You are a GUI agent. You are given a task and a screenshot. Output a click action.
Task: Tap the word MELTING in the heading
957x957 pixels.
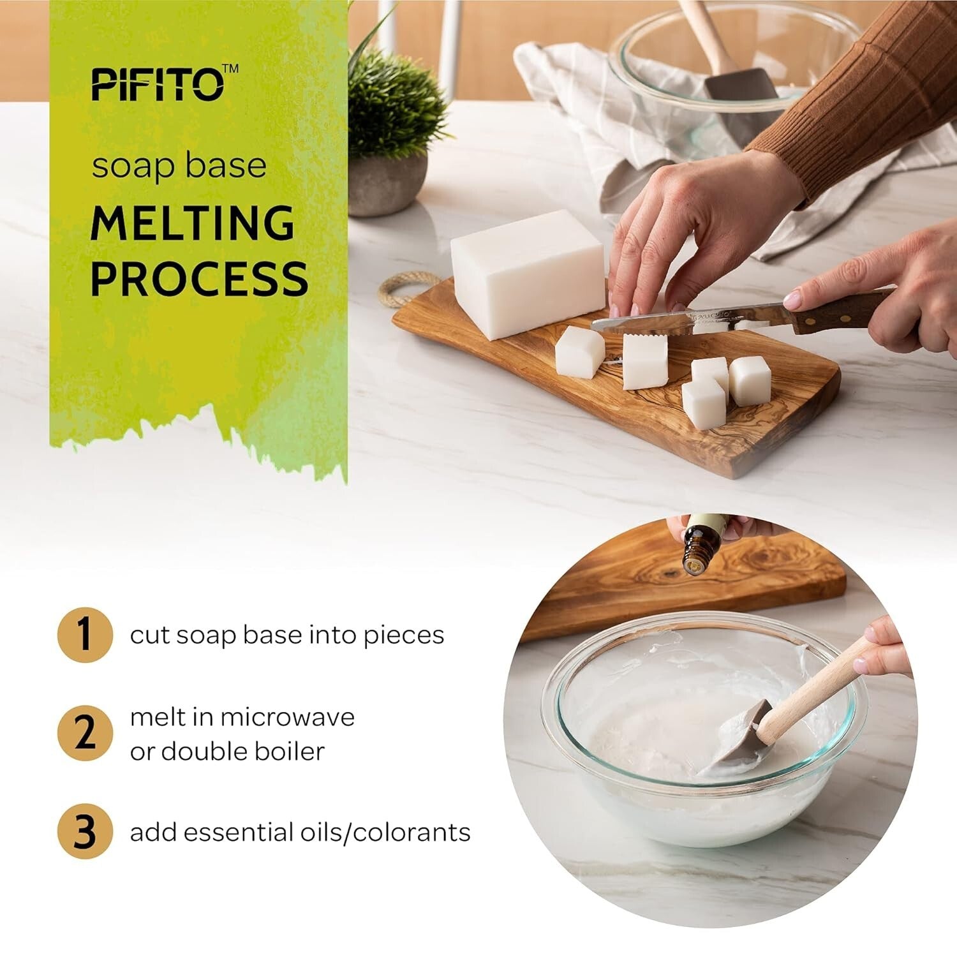(x=193, y=223)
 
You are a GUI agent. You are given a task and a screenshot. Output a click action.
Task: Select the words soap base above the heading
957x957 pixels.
(x=179, y=166)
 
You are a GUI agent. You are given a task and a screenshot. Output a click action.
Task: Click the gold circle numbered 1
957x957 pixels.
(x=85, y=635)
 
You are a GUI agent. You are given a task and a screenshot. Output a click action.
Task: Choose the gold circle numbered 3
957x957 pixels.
(x=85, y=832)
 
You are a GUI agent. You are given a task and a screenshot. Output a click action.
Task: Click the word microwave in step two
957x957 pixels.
(x=287, y=717)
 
